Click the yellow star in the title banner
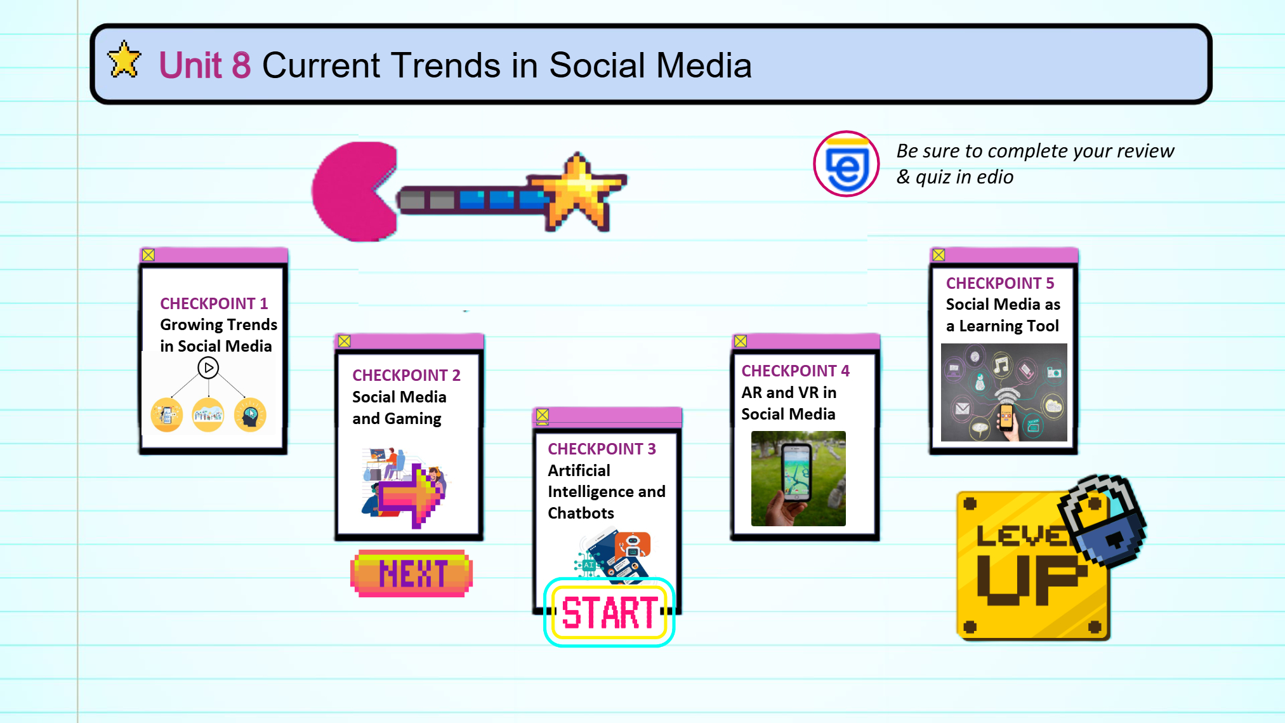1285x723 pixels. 124,60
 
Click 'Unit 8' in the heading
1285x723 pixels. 204,65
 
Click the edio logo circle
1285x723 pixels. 846,164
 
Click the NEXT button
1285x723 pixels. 412,573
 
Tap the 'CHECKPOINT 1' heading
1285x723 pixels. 214,303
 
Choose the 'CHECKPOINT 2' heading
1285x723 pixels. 406,375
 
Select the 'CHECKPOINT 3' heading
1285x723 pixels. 602,449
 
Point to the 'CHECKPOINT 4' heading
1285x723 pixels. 795,371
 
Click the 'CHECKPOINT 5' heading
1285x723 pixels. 1000,283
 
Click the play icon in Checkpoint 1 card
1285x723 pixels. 208,368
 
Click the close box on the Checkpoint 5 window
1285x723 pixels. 939,255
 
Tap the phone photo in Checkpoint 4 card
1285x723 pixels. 798,479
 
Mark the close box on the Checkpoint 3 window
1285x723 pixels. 542,415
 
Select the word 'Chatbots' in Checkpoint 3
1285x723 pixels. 581,513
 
